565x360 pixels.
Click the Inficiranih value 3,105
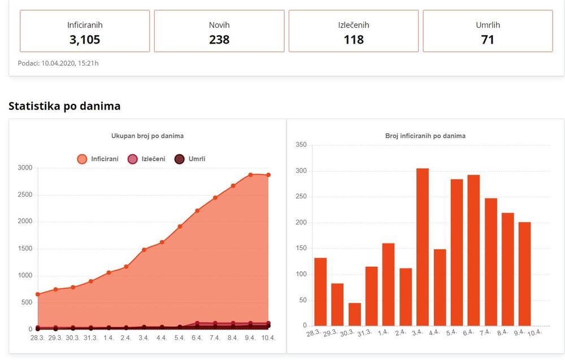(85, 40)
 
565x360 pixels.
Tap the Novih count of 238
(219, 40)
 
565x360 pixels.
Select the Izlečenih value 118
(354, 40)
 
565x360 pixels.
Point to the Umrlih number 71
(488, 40)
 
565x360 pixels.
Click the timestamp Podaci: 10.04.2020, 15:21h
(58, 63)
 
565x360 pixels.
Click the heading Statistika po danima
(64, 106)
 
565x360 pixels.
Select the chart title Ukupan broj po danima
(147, 136)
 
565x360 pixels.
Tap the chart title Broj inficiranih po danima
(425, 136)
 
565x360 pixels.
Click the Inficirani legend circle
(82, 159)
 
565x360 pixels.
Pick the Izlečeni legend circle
(133, 159)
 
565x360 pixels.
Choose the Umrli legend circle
(179, 159)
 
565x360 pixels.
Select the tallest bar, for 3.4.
(423, 247)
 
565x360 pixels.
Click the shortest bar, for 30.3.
(355, 315)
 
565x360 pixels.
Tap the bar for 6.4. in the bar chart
(474, 250)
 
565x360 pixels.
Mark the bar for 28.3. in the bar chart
(320, 292)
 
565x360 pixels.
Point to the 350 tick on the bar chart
(301, 145)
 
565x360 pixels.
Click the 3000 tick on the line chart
(25, 168)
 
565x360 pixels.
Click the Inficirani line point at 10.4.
(268, 175)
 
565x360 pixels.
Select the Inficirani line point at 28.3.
(38, 294)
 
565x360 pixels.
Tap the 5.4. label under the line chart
(179, 338)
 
